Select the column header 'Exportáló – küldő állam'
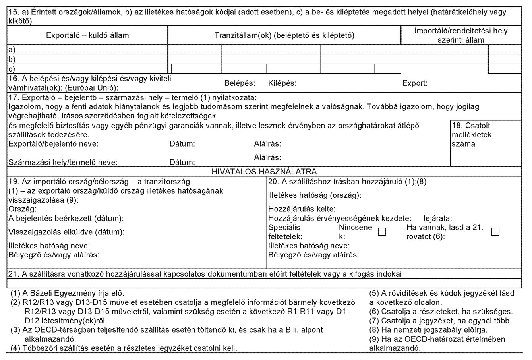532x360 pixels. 88,35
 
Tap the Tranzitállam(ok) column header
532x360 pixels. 284,35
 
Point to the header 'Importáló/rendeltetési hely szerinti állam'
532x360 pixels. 460,35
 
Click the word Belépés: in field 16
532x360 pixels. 239,84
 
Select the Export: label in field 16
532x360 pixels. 415,84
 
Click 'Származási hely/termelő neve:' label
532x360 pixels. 62,162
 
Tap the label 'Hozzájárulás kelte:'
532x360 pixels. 302,209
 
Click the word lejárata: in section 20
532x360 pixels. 439,218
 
